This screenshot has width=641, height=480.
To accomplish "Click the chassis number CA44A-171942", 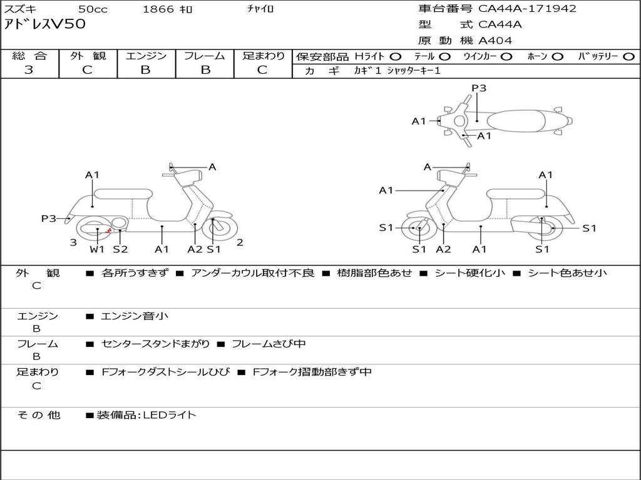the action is (527, 9).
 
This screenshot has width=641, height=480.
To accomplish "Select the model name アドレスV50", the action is (45, 25).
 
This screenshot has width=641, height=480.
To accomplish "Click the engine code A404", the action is (495, 41).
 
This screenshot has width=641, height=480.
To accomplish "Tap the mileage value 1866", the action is (158, 9).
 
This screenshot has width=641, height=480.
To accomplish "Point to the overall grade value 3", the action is (29, 70).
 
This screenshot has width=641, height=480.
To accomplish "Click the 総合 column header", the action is (29, 56).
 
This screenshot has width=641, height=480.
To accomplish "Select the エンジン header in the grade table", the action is (146, 56).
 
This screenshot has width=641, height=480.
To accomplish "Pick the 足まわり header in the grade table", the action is (263, 56).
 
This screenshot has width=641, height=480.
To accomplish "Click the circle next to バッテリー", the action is (628, 56).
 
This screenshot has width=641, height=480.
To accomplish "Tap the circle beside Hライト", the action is (395, 56).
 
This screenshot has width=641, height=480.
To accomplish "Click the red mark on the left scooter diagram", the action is (109, 231).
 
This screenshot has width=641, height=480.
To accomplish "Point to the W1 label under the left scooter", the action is (97, 249).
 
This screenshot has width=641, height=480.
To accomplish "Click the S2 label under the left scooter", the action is (120, 249).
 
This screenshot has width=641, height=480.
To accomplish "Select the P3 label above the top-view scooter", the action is (479, 88).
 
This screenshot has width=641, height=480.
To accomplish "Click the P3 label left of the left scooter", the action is (49, 218).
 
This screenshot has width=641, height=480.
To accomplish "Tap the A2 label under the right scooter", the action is (443, 249).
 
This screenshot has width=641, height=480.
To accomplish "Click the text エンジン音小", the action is (135, 316).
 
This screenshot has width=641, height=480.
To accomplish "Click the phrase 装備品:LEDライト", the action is (146, 414).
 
